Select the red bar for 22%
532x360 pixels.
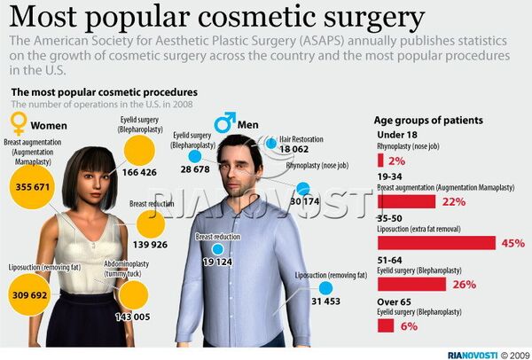406,201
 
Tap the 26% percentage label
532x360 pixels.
465,285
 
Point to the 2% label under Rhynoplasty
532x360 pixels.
396,161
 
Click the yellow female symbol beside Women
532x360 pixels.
18,121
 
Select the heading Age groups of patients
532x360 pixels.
429,120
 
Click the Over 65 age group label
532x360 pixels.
395,302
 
